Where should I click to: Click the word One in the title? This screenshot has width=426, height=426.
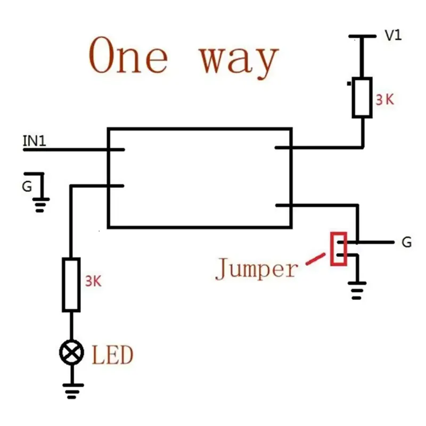(128, 55)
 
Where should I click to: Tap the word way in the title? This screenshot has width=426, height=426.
(239, 61)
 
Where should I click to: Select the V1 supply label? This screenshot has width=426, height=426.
(393, 35)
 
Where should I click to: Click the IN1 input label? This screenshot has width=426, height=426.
(34, 141)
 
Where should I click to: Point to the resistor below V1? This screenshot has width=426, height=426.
(362, 97)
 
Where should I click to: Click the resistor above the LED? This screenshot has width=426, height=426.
(71, 284)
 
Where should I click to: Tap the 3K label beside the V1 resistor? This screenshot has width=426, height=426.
(384, 100)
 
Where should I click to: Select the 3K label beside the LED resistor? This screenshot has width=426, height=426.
(93, 281)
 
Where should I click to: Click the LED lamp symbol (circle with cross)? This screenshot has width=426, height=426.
(71, 353)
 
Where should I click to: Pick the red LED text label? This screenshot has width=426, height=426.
(113, 355)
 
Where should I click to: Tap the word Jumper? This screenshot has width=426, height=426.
(257, 268)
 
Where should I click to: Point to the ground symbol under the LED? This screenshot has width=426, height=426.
(72, 391)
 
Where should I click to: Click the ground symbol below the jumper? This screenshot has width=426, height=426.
(357, 290)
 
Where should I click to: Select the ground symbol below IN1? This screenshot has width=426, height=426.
(40, 205)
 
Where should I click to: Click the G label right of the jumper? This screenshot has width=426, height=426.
(406, 242)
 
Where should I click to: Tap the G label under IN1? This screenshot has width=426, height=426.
(27, 187)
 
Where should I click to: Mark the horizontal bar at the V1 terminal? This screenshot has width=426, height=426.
(363, 36)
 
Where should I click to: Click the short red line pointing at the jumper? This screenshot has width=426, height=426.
(315, 259)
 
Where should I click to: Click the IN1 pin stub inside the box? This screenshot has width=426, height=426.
(117, 150)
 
